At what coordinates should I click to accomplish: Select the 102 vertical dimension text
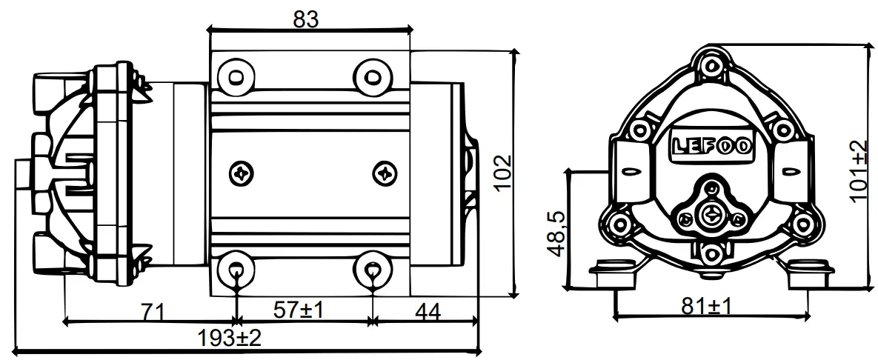(502, 173)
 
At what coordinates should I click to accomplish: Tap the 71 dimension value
(151, 311)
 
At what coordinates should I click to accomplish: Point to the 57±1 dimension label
(298, 311)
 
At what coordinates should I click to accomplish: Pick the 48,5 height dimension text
(553, 233)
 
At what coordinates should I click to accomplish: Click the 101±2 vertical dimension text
(857, 171)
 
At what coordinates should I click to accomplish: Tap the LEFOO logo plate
(711, 145)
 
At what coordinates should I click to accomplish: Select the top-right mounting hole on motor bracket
(372, 76)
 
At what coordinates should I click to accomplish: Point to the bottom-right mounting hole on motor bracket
(372, 267)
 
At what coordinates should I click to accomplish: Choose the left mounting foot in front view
(616, 274)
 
